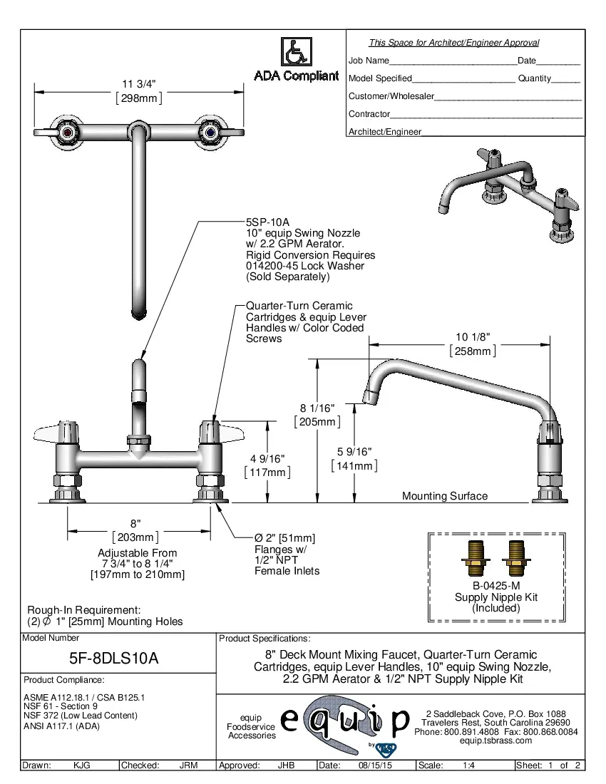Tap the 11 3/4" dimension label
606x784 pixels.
138,84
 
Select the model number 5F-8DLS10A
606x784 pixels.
119,659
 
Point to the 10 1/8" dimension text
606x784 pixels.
473,337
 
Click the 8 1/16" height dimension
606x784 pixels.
317,408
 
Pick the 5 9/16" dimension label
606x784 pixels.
354,451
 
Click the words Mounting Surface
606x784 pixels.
445,496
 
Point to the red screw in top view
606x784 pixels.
68,132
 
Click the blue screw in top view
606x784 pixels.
210,132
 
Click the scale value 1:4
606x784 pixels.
469,765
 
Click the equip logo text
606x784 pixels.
345,721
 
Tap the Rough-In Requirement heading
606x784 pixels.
83,610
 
